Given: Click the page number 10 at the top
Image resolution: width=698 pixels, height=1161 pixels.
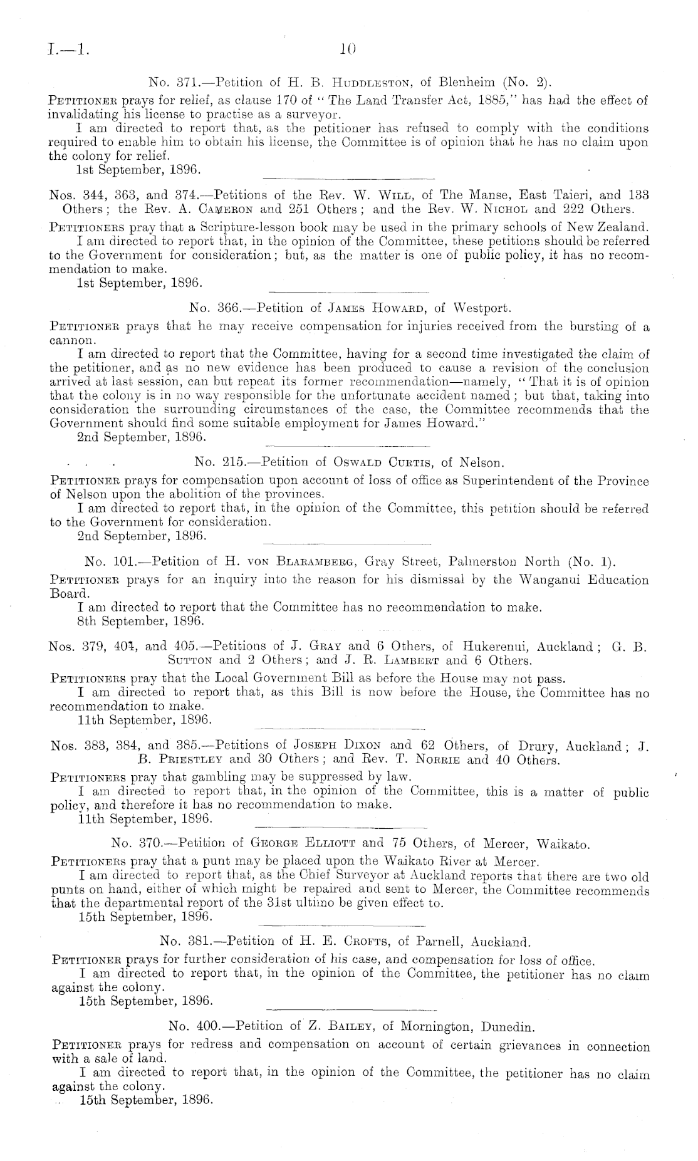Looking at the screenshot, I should (348, 47).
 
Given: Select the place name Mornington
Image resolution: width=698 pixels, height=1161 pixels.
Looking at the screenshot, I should (435, 1028).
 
